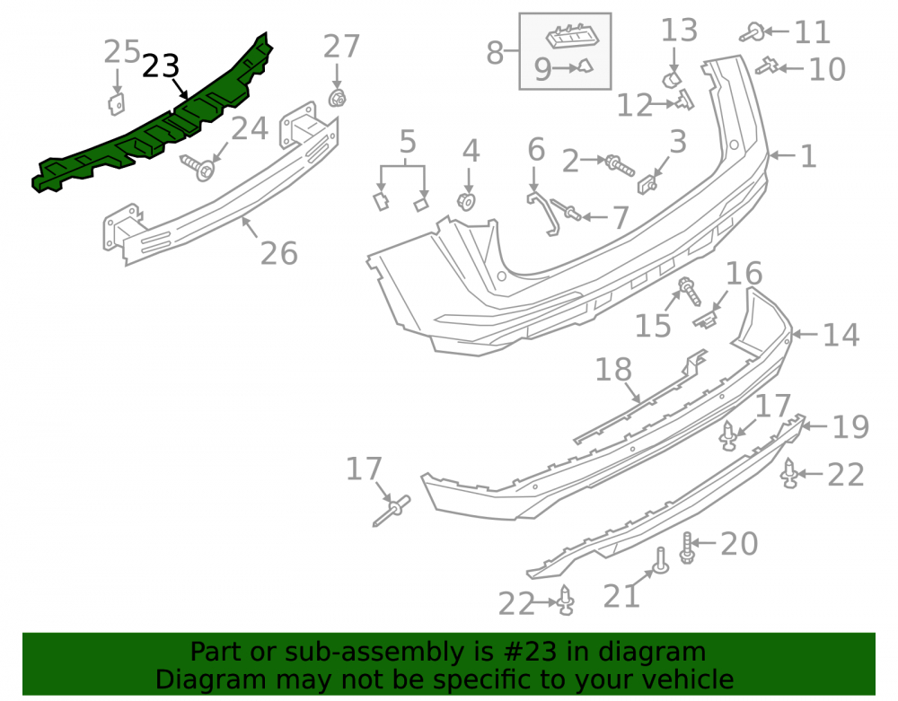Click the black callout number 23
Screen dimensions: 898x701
point(161,66)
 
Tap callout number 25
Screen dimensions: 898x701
point(121,52)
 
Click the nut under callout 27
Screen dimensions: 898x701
point(338,99)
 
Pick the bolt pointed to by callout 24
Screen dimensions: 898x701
point(198,167)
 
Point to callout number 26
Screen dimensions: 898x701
point(279,253)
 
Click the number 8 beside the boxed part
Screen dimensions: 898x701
point(494,53)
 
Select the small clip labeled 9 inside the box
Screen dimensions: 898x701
point(585,66)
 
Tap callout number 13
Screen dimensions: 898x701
point(679,31)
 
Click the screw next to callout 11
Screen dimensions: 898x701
point(752,32)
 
